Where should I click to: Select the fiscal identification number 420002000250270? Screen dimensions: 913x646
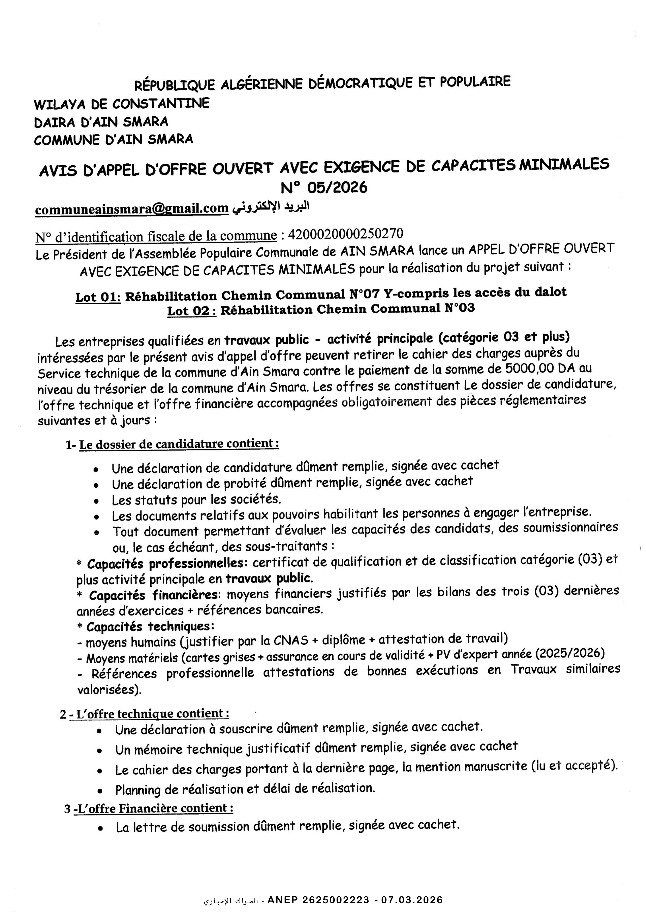345,233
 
